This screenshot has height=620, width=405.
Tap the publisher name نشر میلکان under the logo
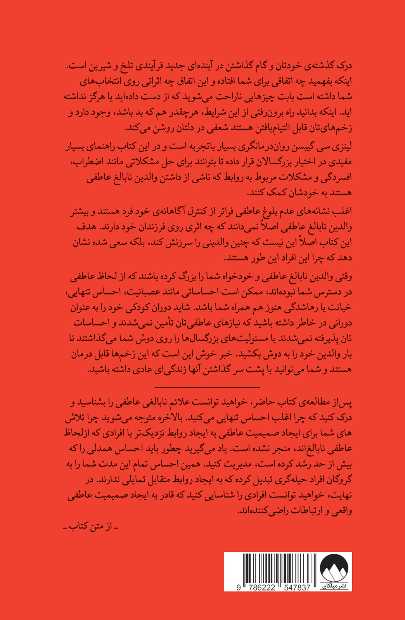(334, 586)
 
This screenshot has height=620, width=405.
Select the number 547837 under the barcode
(294, 587)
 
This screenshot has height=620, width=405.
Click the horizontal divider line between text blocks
(207, 387)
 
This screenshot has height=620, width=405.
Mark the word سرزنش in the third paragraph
(165, 243)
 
